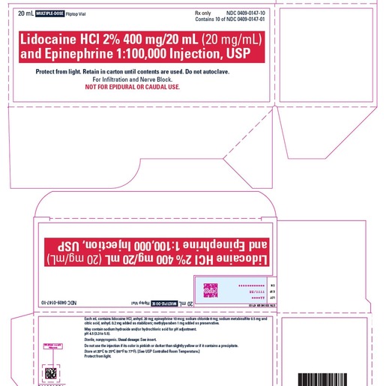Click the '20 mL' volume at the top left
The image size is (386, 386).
tap(24, 13)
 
